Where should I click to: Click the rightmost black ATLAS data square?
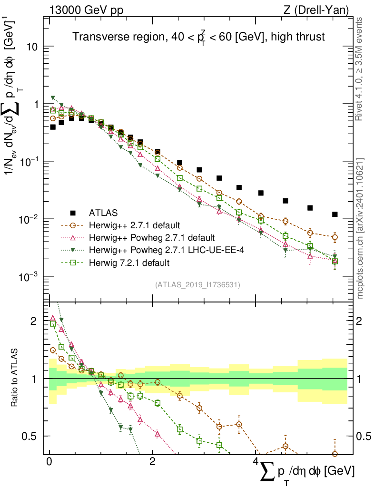[335, 214]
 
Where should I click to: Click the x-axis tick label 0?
[49, 463]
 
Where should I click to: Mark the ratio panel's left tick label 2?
[33, 321]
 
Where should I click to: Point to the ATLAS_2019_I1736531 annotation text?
[197, 285]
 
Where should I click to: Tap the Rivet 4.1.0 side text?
[360, 69]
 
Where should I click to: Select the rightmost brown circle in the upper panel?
[335, 237]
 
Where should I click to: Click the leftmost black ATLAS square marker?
[53, 127]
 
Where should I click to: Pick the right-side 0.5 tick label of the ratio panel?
[364, 436]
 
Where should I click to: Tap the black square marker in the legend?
[73, 213]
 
